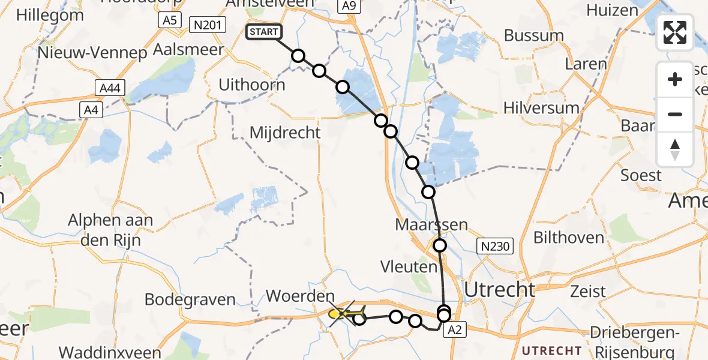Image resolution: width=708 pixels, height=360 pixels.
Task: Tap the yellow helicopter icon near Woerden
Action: point(346,313)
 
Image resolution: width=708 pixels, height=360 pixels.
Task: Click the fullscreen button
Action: point(675,32)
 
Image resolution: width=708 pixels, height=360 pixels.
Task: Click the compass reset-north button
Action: point(675,149)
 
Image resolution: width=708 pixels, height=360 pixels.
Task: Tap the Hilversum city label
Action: point(542,109)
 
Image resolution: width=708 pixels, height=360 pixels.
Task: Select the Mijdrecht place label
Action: point(285,132)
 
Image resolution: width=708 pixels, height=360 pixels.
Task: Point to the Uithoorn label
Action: point(252,85)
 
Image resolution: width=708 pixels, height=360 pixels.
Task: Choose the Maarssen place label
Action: point(431,225)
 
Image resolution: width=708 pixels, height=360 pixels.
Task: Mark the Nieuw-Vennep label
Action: point(92,53)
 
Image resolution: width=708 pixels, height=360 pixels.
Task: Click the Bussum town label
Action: point(534,35)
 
